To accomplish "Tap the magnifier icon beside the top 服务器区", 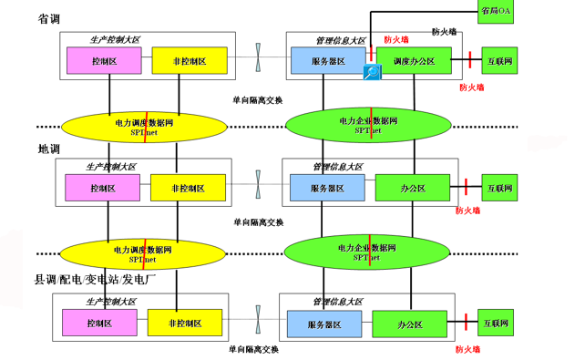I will click(372, 74).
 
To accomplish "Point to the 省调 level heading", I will click(50, 18).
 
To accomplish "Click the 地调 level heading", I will click(49, 149).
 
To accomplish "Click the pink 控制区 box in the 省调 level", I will click(104, 61).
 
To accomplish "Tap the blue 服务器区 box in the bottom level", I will click(325, 324).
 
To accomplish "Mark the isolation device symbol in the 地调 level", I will click(260, 182).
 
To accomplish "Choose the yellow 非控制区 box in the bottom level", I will click(185, 323).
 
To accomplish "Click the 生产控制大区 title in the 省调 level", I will click(115, 40).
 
